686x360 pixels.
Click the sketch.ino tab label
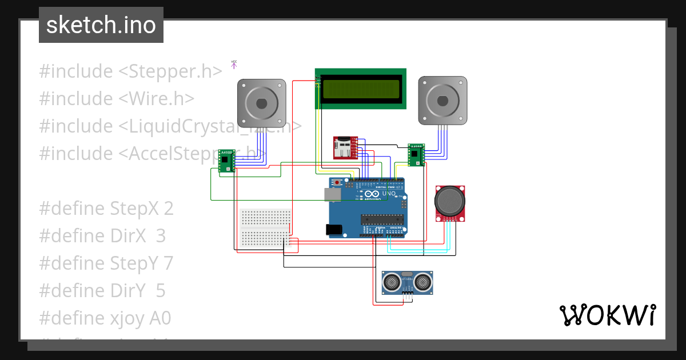point(101,25)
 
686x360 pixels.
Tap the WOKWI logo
point(607,315)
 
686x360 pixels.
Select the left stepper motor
point(261,103)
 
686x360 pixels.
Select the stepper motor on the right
point(442,101)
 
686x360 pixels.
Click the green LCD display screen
point(361,89)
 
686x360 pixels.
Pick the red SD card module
point(345,148)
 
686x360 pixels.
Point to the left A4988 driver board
point(227,160)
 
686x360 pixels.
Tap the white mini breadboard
point(266,228)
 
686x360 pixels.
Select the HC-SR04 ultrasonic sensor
point(407,282)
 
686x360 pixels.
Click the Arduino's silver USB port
point(333,194)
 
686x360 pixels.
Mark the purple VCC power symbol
point(234,65)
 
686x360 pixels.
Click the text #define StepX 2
point(106,209)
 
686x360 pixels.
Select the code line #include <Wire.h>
point(117,99)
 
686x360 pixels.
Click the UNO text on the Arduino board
point(389,193)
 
